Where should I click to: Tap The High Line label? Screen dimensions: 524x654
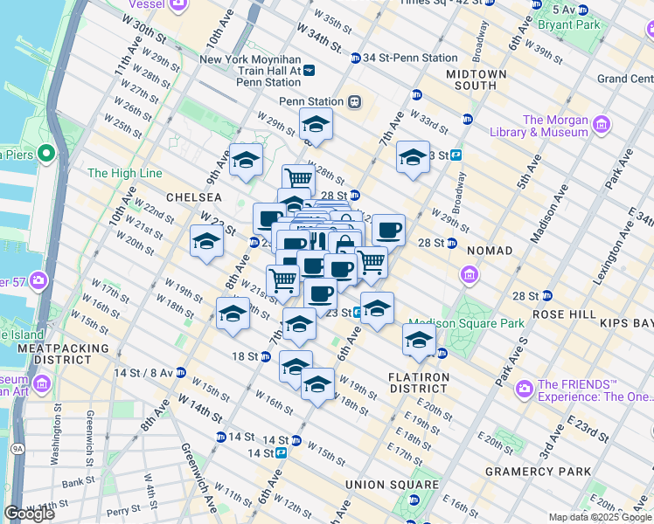(x=125, y=173)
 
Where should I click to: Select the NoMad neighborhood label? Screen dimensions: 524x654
(x=489, y=251)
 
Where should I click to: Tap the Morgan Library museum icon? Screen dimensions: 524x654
(x=600, y=125)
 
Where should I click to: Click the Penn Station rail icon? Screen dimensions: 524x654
(x=354, y=101)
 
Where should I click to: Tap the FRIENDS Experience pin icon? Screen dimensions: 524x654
(x=525, y=387)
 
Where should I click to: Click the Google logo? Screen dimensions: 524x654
(x=30, y=513)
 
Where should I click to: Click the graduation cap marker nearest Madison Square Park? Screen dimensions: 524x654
(x=419, y=339)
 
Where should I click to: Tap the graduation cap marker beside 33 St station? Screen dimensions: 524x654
(x=413, y=157)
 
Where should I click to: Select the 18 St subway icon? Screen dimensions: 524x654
(x=266, y=356)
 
